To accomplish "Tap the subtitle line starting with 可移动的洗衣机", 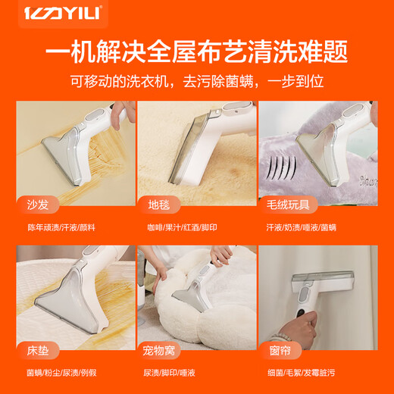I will pos(197,83).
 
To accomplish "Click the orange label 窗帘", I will pos(280,352).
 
